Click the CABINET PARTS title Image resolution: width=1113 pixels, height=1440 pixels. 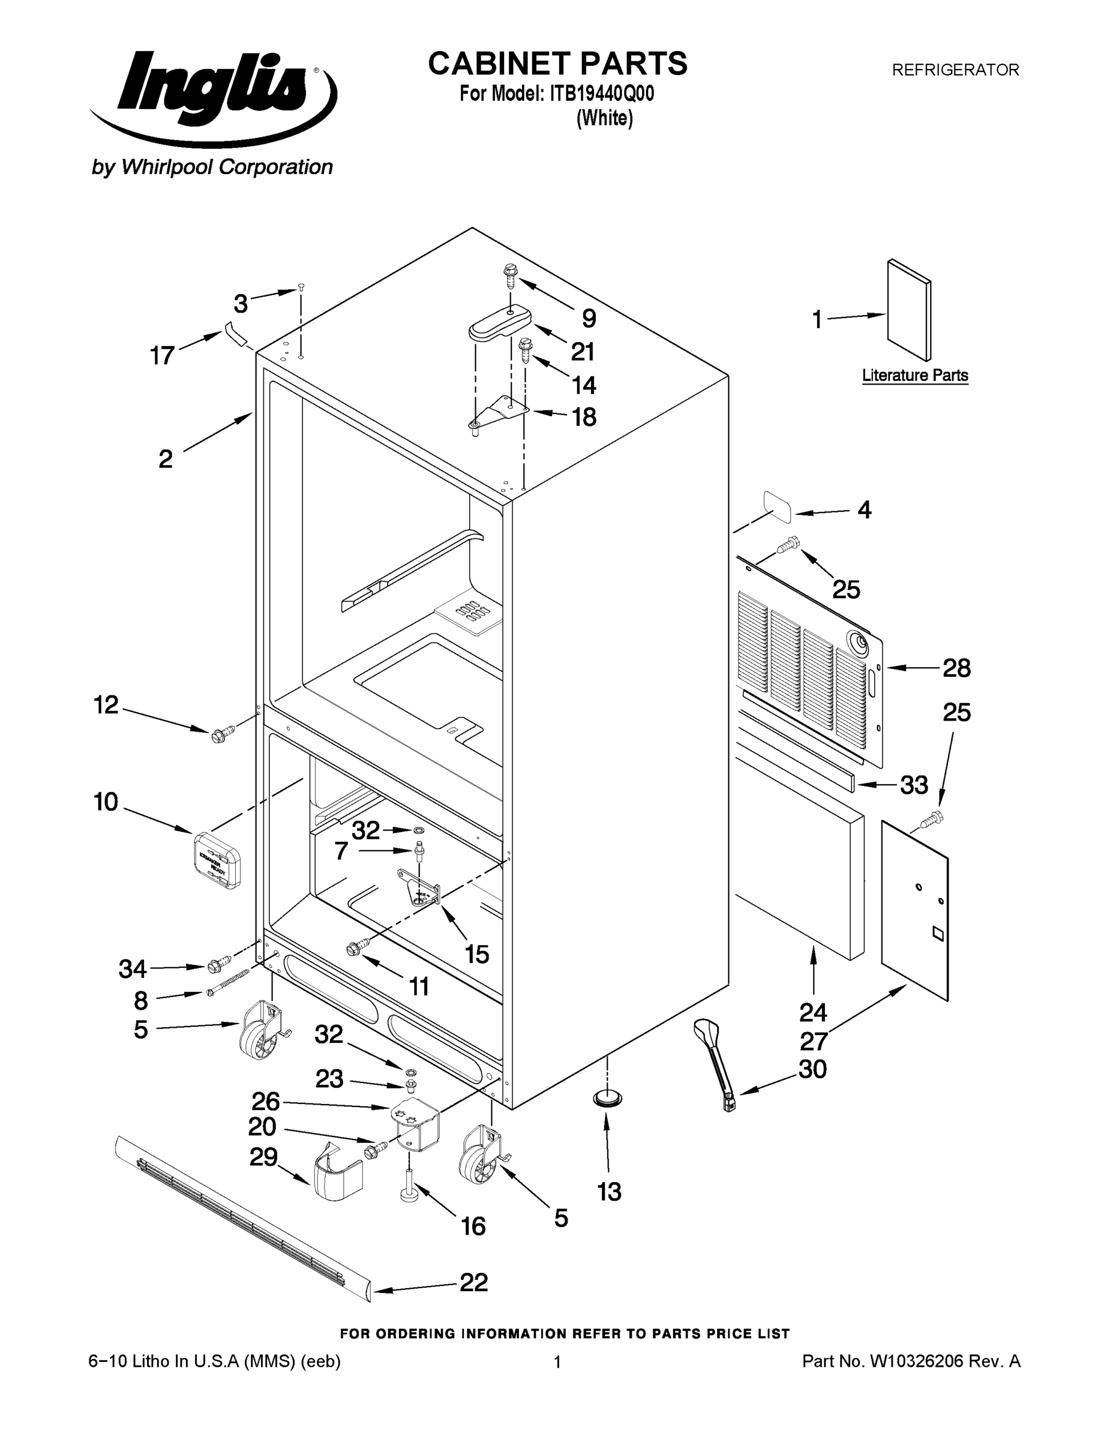coord(557,64)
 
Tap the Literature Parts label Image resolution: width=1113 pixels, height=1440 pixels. coord(914,376)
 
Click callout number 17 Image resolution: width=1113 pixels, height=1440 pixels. coord(161,356)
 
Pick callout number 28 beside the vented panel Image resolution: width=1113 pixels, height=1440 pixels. coord(956,668)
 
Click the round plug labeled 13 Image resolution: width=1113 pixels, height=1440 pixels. coord(607,1098)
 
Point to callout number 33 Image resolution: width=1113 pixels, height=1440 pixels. coord(914,785)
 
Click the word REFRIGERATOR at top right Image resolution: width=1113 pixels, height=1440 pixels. coord(955,70)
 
